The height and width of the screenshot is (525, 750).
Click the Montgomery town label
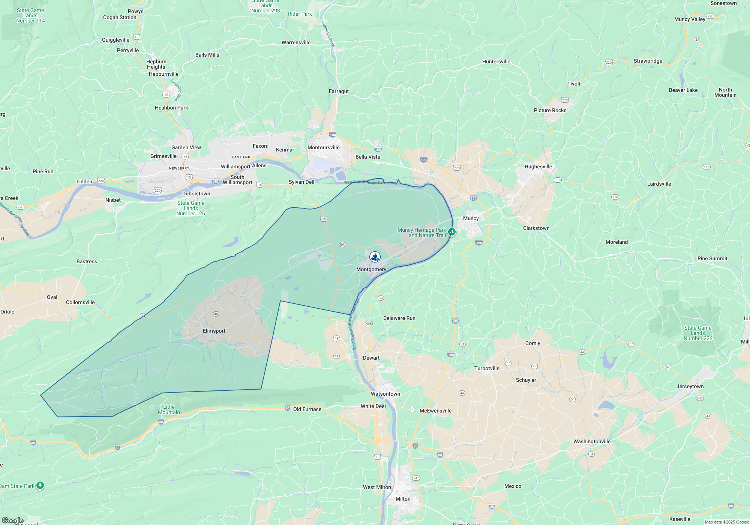371,269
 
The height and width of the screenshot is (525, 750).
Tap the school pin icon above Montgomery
375,257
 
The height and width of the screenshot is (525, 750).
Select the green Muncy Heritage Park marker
452,232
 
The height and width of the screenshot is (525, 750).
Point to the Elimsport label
214,331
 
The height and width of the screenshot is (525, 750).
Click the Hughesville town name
538,166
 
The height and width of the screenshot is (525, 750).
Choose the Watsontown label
385,394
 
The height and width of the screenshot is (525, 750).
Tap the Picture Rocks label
550,110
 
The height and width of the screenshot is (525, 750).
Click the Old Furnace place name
307,409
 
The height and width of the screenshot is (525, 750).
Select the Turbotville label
487,368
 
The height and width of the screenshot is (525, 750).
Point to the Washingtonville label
592,441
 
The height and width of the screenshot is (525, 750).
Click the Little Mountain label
169,409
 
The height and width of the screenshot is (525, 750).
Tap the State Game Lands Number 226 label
697,333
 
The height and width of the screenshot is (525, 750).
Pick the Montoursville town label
323,147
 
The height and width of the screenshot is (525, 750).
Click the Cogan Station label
120,17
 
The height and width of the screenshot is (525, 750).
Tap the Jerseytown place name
690,386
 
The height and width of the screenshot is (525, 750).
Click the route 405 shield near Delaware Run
369,324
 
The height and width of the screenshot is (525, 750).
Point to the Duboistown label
196,193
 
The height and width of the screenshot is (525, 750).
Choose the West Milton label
377,487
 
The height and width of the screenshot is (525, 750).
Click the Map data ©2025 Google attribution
726,522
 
